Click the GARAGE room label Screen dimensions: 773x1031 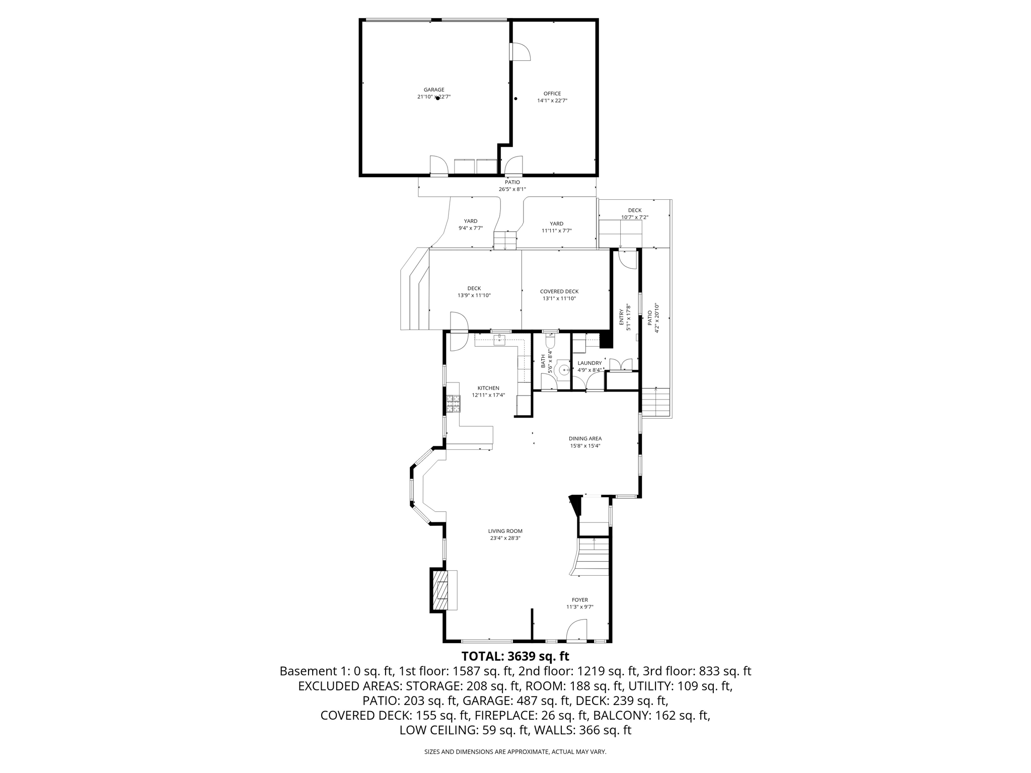[x=433, y=90]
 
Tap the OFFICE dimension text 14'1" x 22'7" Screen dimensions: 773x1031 [x=552, y=101]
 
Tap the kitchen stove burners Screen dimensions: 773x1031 [x=453, y=404]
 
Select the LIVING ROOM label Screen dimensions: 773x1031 [x=505, y=531]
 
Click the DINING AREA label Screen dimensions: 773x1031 [x=585, y=438]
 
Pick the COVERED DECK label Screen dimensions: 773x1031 [x=559, y=291]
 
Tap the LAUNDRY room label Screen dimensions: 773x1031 [x=590, y=363]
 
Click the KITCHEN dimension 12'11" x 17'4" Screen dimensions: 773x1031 [x=488, y=395]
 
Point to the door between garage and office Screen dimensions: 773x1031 [x=520, y=52]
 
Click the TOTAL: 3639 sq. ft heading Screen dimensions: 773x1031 [x=515, y=656]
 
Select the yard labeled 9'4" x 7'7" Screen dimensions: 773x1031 [x=470, y=224]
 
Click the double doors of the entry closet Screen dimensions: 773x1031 [x=621, y=364]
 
